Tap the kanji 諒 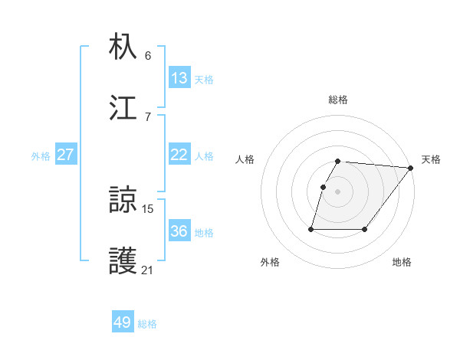click(x=123, y=201)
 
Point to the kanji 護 click(x=123, y=261)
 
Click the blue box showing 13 click(x=179, y=78)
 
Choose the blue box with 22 click(x=179, y=155)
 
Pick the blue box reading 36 click(x=179, y=231)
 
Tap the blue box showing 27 click(x=66, y=155)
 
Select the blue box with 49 click(x=123, y=322)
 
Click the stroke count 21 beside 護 click(x=147, y=270)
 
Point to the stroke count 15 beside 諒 click(x=147, y=208)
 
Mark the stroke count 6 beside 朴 click(x=148, y=55)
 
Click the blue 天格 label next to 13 click(x=204, y=79)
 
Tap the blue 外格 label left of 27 click(x=41, y=155)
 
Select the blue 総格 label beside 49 click(x=147, y=324)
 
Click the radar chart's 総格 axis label click(x=338, y=100)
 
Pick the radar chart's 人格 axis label click(x=245, y=159)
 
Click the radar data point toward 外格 click(x=311, y=228)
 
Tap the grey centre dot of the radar click(x=338, y=191)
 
